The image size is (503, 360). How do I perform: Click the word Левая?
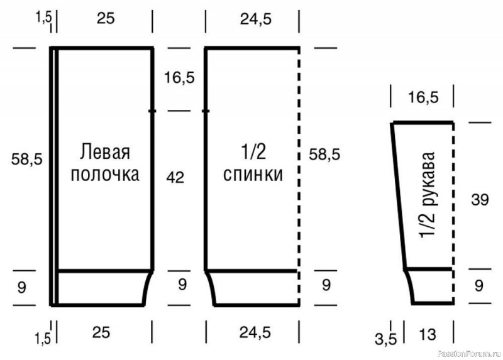(105, 151)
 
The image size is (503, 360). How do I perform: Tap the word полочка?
(105, 175)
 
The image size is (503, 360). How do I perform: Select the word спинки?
(253, 175)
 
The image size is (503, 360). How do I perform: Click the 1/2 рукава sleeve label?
(427, 195)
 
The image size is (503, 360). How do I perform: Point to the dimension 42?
(175, 177)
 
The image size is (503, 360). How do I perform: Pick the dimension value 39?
(480, 200)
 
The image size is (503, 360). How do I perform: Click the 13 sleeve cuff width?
(428, 335)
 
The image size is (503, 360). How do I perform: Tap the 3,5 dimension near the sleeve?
(386, 339)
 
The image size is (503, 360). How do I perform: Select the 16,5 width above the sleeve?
(423, 97)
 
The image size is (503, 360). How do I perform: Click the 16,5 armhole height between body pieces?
(179, 77)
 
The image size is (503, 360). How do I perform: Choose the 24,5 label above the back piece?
(256, 19)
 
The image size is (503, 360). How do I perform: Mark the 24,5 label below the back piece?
(255, 332)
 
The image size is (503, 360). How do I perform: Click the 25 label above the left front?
(106, 18)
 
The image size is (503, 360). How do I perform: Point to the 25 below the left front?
(101, 332)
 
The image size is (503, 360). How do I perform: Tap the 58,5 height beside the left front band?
(26, 159)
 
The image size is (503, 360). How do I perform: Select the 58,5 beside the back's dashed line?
(324, 155)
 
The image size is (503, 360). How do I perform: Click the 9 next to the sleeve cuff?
(478, 285)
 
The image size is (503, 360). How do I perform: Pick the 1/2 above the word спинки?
(253, 151)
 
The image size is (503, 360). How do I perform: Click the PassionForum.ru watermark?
(469, 354)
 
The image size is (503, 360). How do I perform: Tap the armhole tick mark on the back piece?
(206, 111)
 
